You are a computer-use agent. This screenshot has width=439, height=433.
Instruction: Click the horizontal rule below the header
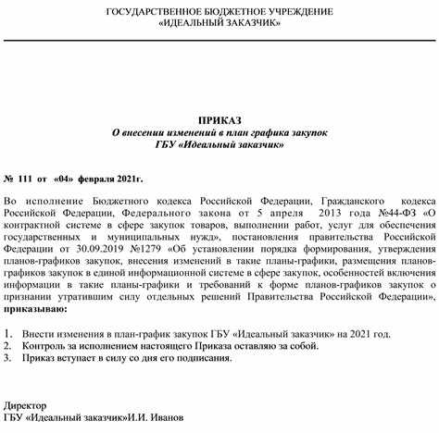[x=219, y=41]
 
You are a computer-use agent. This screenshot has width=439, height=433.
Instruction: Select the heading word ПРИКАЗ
[x=219, y=120]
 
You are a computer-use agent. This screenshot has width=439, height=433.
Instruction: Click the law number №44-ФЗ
[x=395, y=211]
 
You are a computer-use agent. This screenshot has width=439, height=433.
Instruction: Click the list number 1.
[x=8, y=332]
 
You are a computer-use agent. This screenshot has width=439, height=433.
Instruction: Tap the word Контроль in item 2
[x=51, y=344]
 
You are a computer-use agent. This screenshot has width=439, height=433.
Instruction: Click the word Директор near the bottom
[x=28, y=405]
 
